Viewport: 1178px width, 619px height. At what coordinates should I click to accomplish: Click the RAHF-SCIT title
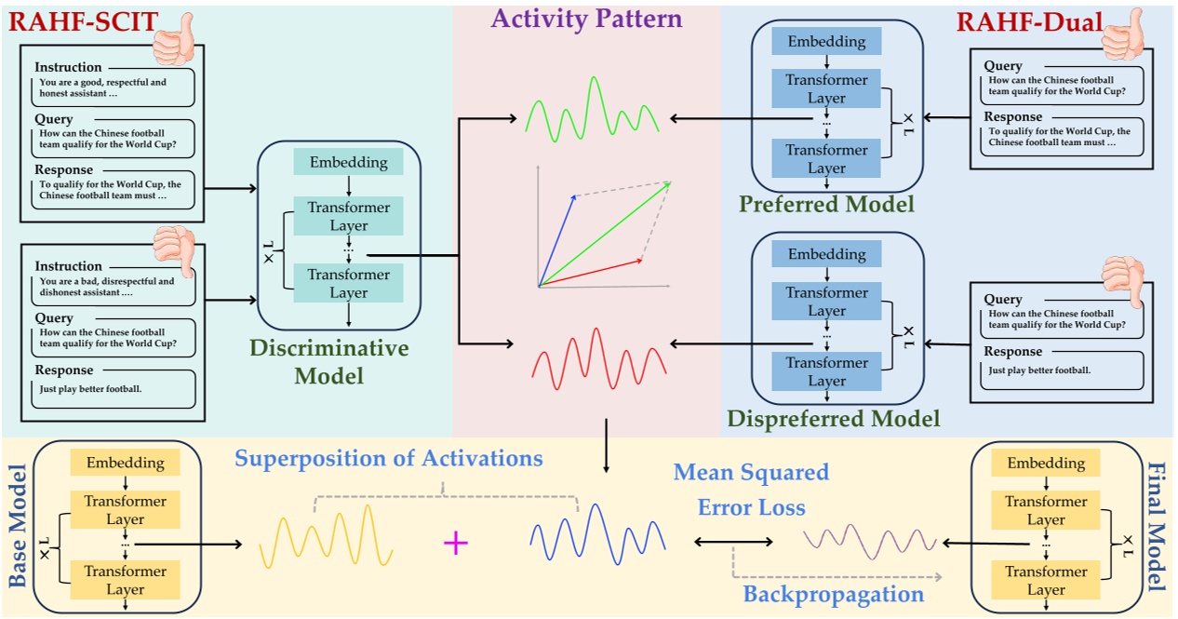click(83, 21)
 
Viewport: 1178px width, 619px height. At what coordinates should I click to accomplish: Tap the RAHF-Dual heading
click(1029, 22)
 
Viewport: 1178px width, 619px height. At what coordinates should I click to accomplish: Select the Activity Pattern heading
click(587, 19)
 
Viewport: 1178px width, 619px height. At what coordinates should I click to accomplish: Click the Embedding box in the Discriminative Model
click(349, 162)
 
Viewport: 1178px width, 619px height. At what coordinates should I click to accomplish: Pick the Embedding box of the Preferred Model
click(826, 41)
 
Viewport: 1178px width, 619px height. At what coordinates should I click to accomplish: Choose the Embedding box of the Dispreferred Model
click(826, 254)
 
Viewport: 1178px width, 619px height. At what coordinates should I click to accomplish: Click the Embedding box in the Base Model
click(126, 463)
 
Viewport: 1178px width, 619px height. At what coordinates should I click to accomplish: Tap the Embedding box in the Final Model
click(1046, 463)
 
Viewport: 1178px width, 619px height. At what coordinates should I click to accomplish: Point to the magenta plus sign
click(455, 543)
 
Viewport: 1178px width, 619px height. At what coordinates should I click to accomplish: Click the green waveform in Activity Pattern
click(592, 110)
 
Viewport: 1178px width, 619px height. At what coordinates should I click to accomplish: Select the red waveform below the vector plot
click(599, 358)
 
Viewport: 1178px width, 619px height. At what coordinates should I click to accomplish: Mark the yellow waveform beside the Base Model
click(326, 536)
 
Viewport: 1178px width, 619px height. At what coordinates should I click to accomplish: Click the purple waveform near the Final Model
click(870, 541)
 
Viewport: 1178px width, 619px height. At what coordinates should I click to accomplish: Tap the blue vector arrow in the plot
click(557, 240)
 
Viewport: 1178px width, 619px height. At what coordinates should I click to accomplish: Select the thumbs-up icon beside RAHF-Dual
click(1123, 35)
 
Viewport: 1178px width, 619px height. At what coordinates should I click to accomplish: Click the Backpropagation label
click(834, 594)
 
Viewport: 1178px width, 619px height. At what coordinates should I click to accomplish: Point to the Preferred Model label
click(826, 204)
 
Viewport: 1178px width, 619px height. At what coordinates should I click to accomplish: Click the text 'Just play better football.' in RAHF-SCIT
click(90, 389)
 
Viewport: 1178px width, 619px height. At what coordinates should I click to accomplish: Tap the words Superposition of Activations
click(389, 458)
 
